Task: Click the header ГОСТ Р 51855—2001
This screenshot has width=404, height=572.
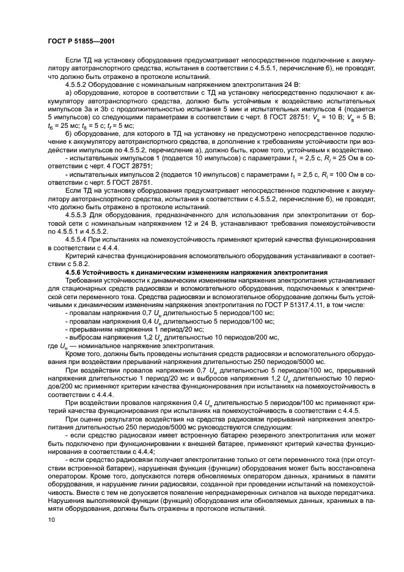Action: [81, 40]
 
